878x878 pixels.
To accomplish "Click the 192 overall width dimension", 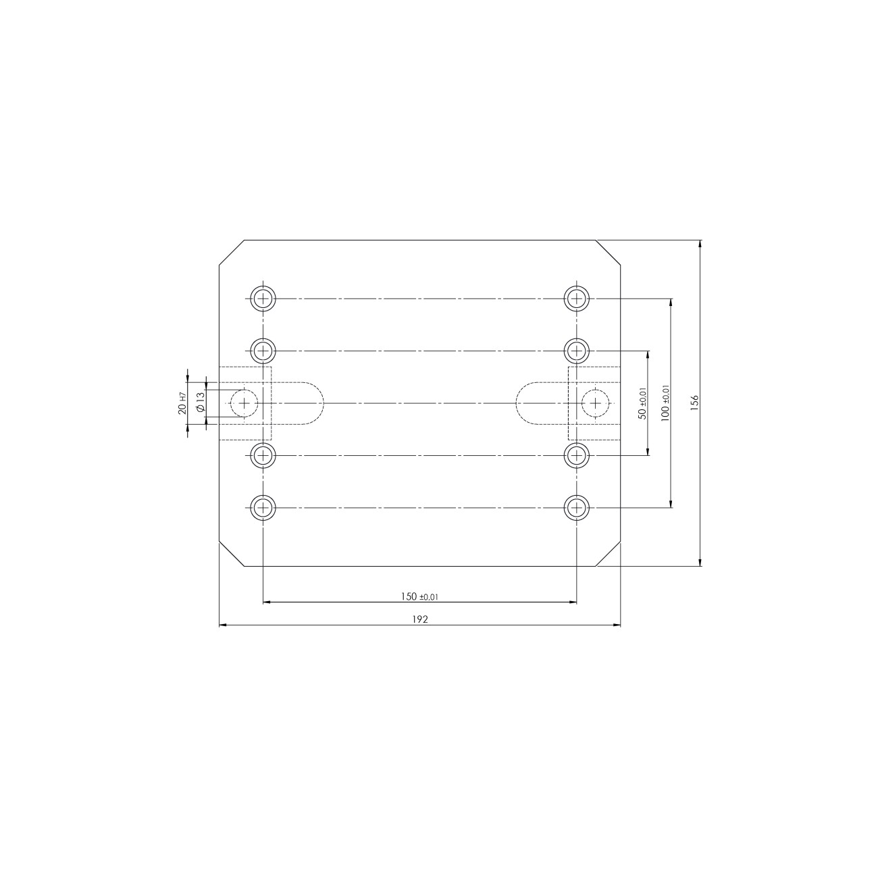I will pyautogui.click(x=419, y=619).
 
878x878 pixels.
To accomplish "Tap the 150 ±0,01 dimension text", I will pyautogui.click(x=419, y=596).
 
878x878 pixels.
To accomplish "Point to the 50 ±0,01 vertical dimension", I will pyautogui.click(x=642, y=403).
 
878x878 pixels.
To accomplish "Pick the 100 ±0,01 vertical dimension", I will pyautogui.click(x=665, y=403).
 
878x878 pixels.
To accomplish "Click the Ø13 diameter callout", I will pyautogui.click(x=200, y=403).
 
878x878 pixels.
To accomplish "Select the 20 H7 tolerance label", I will pyautogui.click(x=182, y=403).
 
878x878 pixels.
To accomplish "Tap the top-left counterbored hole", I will pyautogui.click(x=263, y=298).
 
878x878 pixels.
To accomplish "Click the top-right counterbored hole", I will pyautogui.click(x=576, y=298).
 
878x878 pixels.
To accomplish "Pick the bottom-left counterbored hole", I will pyautogui.click(x=263, y=507).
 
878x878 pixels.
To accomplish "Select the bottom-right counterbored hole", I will pyautogui.click(x=576, y=507).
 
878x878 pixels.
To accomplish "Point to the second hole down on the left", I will pyautogui.click(x=263, y=351).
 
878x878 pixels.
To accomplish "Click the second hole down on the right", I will pyautogui.click(x=576, y=351).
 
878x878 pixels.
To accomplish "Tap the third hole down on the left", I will pyautogui.click(x=263, y=456).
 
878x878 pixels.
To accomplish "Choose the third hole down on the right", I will pyautogui.click(x=576, y=456).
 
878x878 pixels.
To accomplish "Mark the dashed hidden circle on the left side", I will pyautogui.click(x=244, y=403).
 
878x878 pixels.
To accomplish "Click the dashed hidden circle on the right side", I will pyautogui.click(x=595, y=403).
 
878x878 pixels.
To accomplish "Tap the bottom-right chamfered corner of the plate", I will pyautogui.click(x=609, y=554).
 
